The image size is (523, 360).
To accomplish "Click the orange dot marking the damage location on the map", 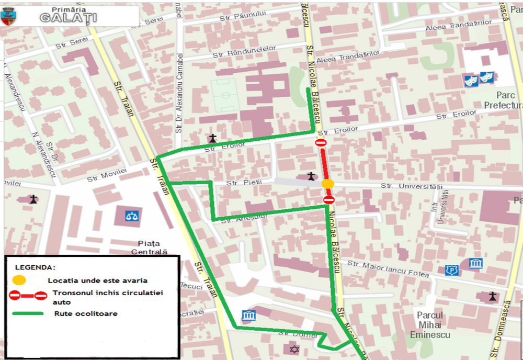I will [328, 184].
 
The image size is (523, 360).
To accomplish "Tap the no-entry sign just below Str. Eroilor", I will [321, 143].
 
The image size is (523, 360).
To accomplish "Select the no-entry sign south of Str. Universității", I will [329, 200].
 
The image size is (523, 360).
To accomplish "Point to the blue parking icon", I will [451, 270].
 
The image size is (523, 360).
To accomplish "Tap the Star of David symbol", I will [293, 348].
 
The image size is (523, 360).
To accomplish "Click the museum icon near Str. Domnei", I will [248, 316].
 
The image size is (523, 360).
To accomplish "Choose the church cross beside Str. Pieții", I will [311, 176].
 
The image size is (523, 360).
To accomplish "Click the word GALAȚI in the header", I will [68, 18].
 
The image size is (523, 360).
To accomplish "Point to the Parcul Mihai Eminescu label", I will [430, 324].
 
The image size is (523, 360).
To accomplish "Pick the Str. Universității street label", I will [412, 186].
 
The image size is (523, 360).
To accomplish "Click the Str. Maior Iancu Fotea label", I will [389, 268].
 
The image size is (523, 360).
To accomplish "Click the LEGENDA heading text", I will [35, 267].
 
